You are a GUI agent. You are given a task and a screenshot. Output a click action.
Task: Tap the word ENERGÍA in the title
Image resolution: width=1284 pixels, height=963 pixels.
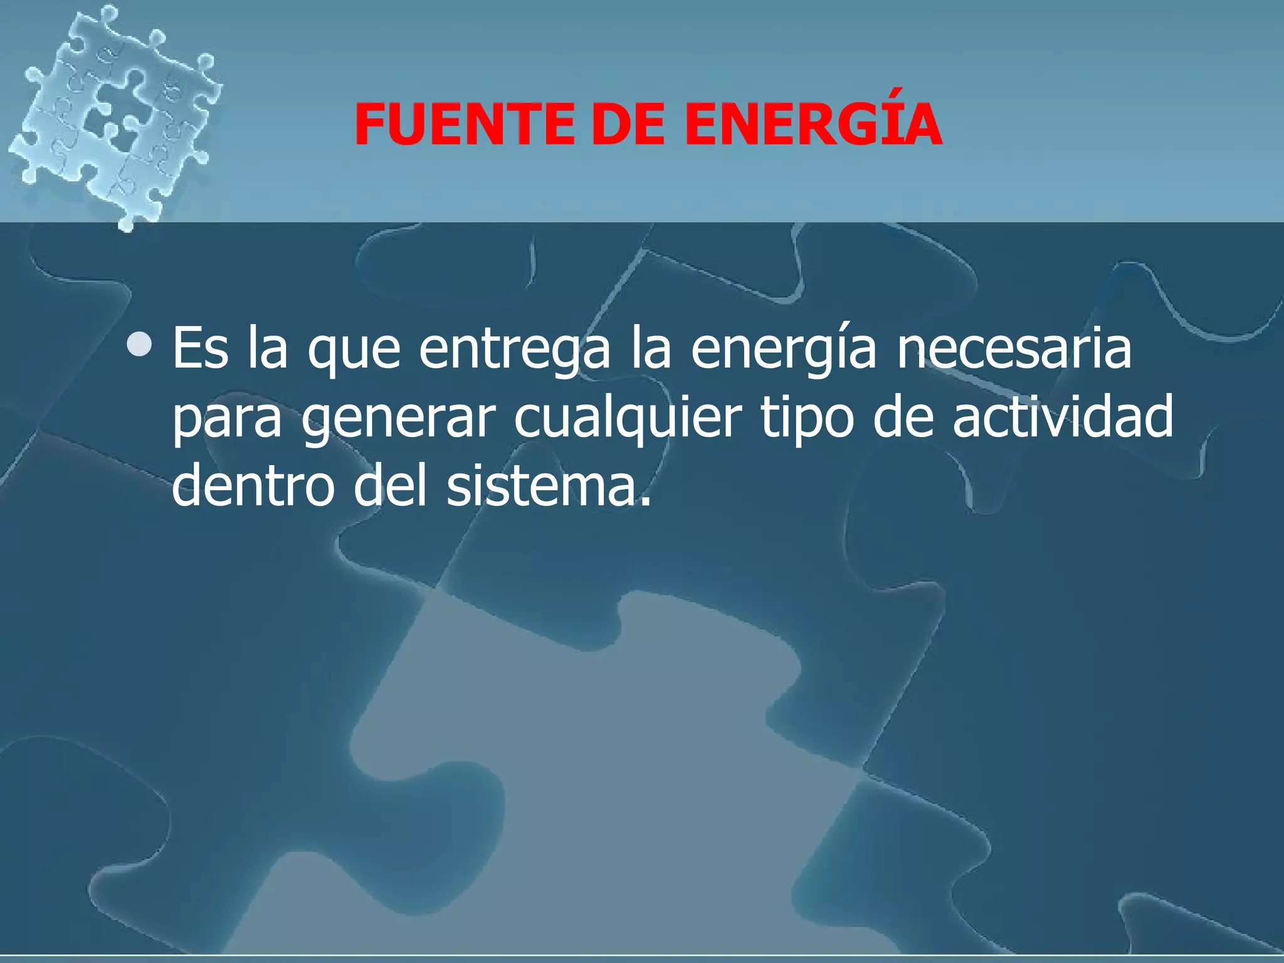click(813, 124)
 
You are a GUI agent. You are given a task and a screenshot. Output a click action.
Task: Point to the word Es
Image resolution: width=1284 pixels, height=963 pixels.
click(200, 349)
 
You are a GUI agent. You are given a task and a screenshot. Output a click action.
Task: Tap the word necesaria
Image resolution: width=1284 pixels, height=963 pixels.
click(1014, 349)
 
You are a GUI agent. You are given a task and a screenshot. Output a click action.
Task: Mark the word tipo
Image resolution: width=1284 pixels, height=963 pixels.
click(808, 419)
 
